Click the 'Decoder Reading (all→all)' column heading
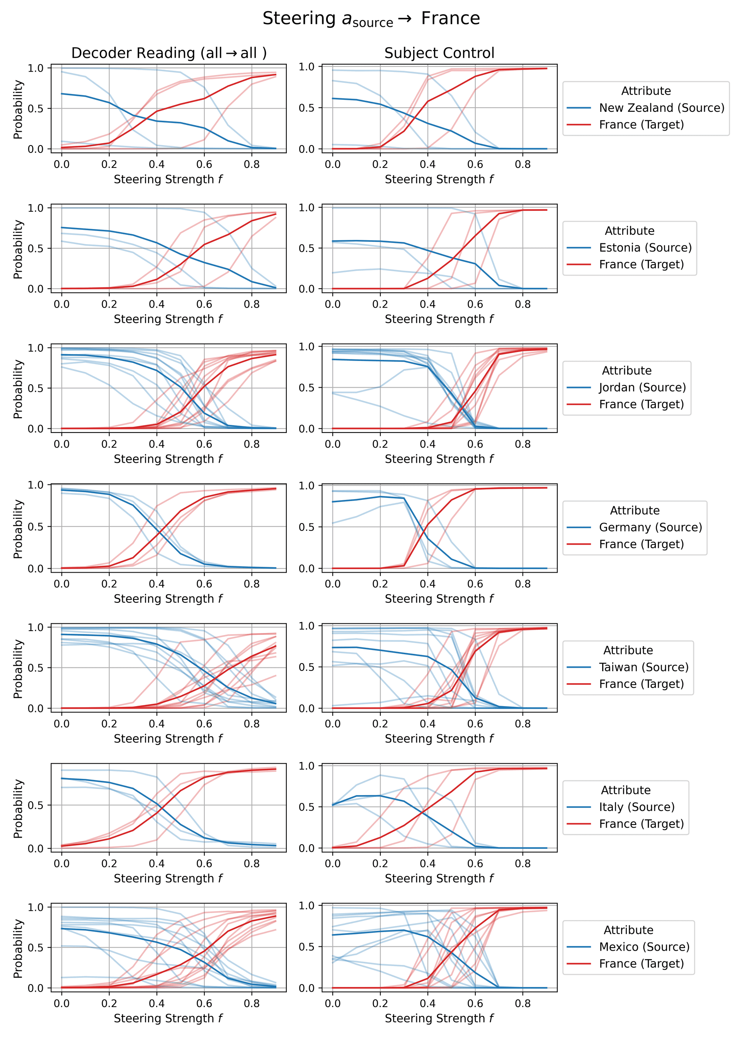pyautogui.click(x=168, y=53)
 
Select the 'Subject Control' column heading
pyautogui.click(x=439, y=53)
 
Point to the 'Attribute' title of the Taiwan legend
pyautogui.click(x=628, y=650)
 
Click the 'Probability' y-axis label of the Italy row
pyautogui.click(x=18, y=809)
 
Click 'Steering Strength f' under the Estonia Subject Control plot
pyautogui.click(x=439, y=319)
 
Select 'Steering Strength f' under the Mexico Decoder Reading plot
pyautogui.click(x=168, y=1018)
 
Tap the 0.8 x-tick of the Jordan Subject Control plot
pyautogui.click(x=523, y=444)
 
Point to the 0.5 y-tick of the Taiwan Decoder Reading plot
pyautogui.click(x=37, y=668)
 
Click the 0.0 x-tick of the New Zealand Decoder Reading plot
pyautogui.click(x=62, y=164)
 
